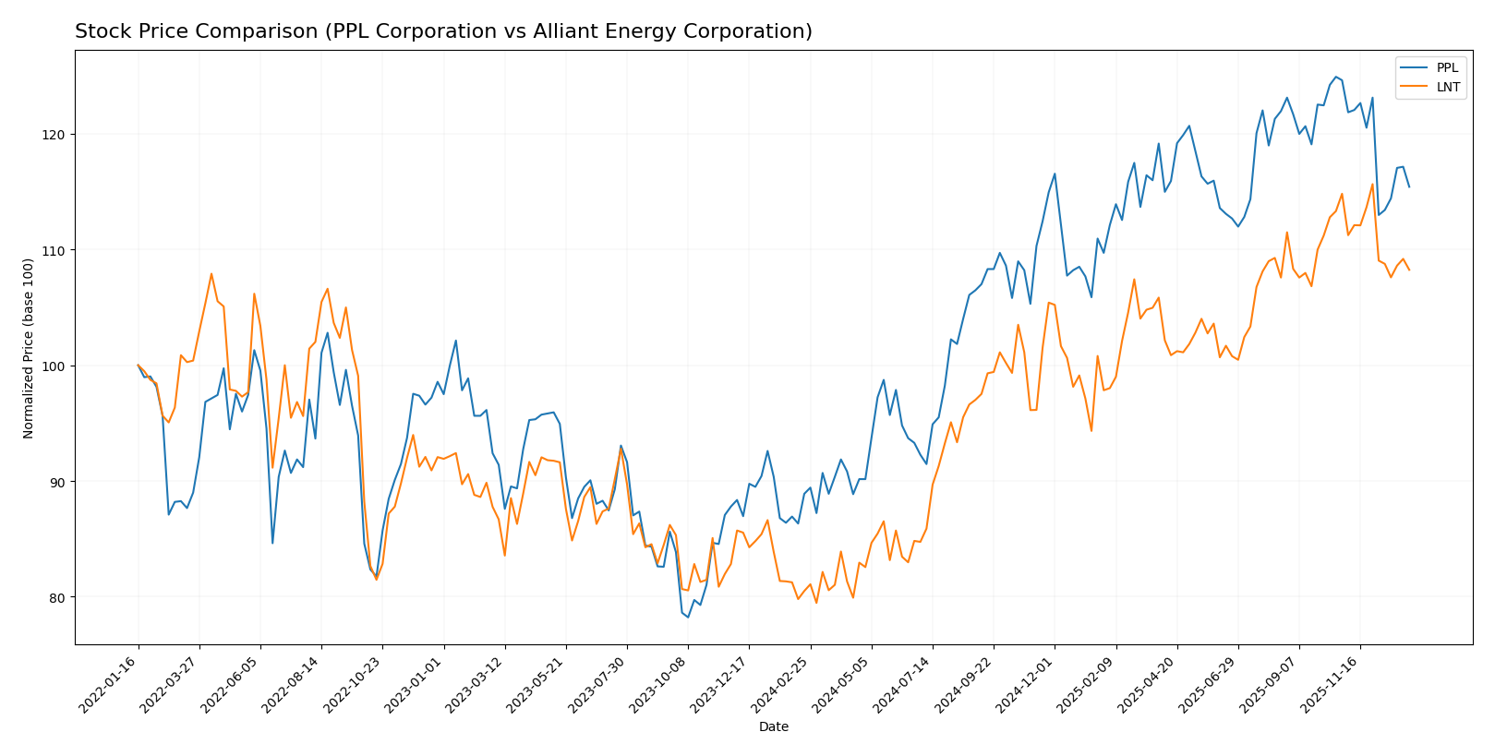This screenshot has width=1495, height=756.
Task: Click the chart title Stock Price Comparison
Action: click(443, 31)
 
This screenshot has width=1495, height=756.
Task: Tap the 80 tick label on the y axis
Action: click(58, 597)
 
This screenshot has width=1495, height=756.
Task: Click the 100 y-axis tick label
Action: click(55, 366)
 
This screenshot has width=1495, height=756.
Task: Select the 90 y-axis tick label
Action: click(58, 482)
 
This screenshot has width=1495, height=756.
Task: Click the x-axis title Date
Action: click(773, 727)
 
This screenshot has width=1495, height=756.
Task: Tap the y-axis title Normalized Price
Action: click(29, 348)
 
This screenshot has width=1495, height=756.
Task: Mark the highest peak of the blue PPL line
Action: click(1335, 77)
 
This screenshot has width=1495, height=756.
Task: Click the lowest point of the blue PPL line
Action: click(688, 617)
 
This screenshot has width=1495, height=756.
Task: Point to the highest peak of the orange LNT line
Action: click(1372, 184)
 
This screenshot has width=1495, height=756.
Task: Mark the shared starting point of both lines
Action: click(139, 366)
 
